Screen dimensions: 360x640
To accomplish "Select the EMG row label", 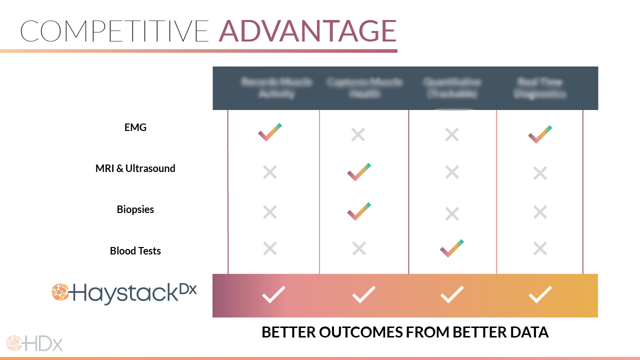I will [x=135, y=127].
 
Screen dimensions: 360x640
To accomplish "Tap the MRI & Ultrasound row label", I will [x=135, y=168].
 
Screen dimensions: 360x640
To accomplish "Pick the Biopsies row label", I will [x=135, y=209].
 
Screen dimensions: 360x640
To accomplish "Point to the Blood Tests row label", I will [x=135, y=250].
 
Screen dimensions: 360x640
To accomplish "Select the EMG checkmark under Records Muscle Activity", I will [x=270, y=132].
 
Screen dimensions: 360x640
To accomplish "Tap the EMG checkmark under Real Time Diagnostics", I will [x=540, y=134].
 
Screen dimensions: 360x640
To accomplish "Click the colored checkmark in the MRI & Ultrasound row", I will [x=359, y=171].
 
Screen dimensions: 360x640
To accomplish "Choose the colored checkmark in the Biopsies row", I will [x=359, y=211].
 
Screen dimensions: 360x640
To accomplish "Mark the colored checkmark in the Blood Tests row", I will [x=451, y=248].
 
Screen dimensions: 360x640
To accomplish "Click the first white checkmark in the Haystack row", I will [x=273, y=294].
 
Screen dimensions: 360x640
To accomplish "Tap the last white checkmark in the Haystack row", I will [x=540, y=294].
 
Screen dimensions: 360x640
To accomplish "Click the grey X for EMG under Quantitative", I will [x=452, y=134].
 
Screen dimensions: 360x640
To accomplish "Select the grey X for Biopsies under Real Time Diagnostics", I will [x=540, y=212].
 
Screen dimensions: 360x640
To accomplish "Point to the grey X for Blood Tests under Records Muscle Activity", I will [x=270, y=248].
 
